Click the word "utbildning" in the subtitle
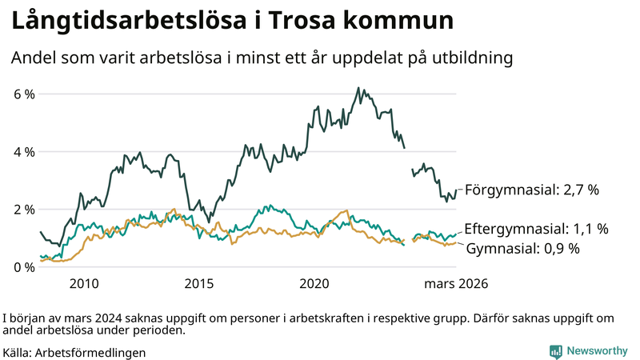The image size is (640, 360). click(470, 58)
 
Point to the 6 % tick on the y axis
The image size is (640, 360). click(24, 94)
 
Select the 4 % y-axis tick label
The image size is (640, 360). click(24, 151)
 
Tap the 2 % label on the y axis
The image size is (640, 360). click(24, 209)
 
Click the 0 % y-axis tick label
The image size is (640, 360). click(24, 266)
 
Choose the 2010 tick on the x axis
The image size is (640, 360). click(84, 283)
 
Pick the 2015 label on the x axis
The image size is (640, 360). click(199, 283)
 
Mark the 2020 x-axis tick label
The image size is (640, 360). click(314, 283)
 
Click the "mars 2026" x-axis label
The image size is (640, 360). click(456, 283)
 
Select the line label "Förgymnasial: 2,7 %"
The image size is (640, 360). click(532, 190)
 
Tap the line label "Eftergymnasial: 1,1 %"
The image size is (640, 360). click(536, 229)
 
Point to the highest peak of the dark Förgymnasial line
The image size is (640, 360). click(358, 88)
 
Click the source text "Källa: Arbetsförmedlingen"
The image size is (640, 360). click(74, 352)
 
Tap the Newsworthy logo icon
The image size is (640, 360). click(555, 351)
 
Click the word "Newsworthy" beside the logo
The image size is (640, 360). click(598, 351)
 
